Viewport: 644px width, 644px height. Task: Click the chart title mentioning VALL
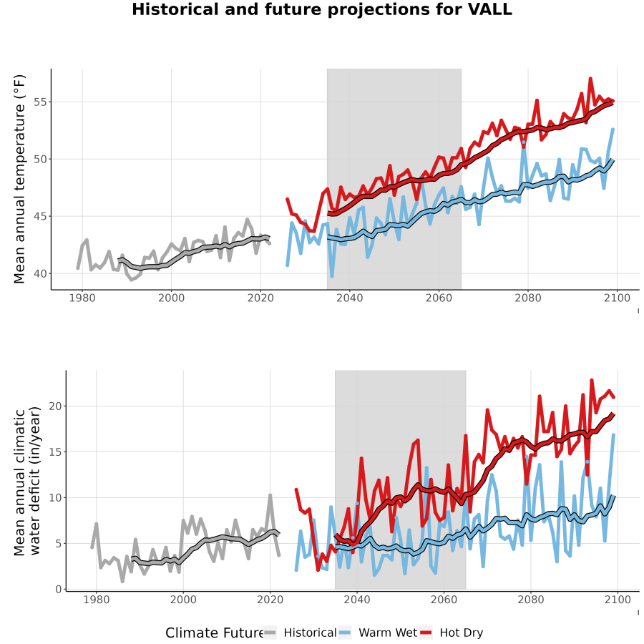pyautogui.click(x=322, y=9)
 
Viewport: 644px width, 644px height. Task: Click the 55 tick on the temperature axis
pyautogui.click(x=40, y=102)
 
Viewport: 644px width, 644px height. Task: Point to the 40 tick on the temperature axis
pyautogui.click(x=40, y=273)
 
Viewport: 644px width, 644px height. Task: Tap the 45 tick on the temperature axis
pyautogui.click(x=40, y=216)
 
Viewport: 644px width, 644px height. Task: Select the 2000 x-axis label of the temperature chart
pyautogui.click(x=171, y=298)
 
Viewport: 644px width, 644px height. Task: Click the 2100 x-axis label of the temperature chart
pyautogui.click(x=617, y=298)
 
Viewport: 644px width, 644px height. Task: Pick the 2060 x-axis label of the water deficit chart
pyautogui.click(x=444, y=600)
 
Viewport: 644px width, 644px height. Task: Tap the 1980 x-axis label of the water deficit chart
pyautogui.click(x=97, y=600)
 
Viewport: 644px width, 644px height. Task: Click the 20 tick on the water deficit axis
pyautogui.click(x=55, y=406)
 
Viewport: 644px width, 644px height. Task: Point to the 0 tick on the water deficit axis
pyautogui.click(x=59, y=590)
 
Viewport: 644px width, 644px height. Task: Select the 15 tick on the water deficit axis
pyautogui.click(x=55, y=452)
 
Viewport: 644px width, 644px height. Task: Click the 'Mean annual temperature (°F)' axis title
pyautogui.click(x=19, y=179)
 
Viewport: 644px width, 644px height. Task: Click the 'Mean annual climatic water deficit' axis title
pyautogui.click(x=27, y=481)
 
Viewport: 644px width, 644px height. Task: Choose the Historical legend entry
pyautogui.click(x=299, y=633)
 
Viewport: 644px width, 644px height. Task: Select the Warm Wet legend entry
pyautogui.click(x=379, y=633)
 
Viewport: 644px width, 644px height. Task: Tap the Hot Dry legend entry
pyautogui.click(x=452, y=633)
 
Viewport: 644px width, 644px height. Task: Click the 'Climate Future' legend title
pyautogui.click(x=215, y=633)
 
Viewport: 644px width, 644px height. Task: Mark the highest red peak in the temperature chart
pyautogui.click(x=590, y=78)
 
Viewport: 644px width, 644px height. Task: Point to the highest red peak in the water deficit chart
pyautogui.click(x=592, y=380)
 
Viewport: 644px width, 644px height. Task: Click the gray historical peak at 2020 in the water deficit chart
pyautogui.click(x=270, y=495)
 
